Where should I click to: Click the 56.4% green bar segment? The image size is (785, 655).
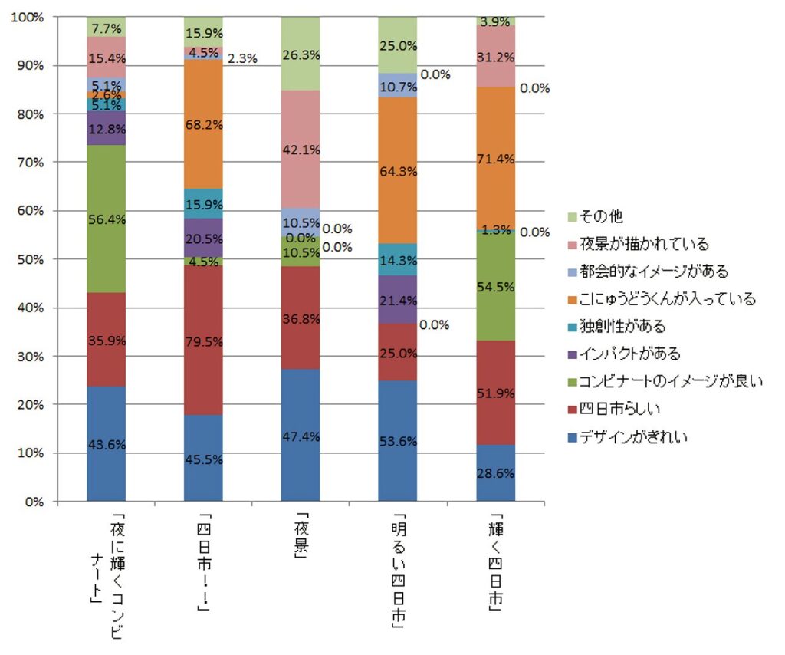[x=106, y=219]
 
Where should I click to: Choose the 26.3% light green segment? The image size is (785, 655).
[x=301, y=53]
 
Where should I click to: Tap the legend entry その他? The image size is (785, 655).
[x=598, y=217]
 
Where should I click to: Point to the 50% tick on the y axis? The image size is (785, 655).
[x=30, y=259]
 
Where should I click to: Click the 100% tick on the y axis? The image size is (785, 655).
[x=28, y=17]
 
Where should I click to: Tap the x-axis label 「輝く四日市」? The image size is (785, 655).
[x=495, y=559]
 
